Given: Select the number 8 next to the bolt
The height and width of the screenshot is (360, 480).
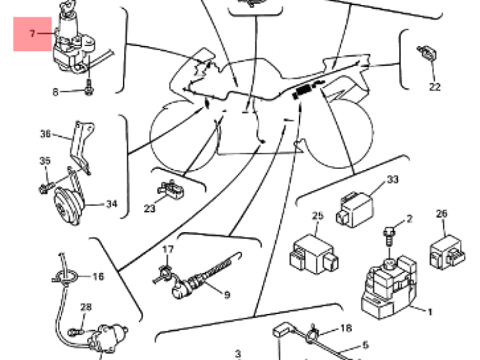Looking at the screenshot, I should coord(56,92).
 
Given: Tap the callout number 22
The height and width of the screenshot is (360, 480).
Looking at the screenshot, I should coord(435,87).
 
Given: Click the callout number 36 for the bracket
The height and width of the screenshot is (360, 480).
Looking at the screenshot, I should coord(45,134).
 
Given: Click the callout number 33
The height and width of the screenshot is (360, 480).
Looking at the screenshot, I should coord(393,180).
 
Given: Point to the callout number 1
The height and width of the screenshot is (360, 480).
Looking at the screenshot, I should coord(429,312).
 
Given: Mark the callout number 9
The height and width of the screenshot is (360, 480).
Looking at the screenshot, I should coord(227,295).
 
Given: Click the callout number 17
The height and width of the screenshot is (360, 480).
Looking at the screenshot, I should coord(168,249).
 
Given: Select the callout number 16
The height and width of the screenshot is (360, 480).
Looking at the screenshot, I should coord(98,277).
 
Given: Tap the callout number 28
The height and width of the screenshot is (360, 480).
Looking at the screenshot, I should coord(86,308).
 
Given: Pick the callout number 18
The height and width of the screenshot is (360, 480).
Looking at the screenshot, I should coord(346,329).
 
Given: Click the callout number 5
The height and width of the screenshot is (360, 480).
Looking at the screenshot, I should coord(365,345).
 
